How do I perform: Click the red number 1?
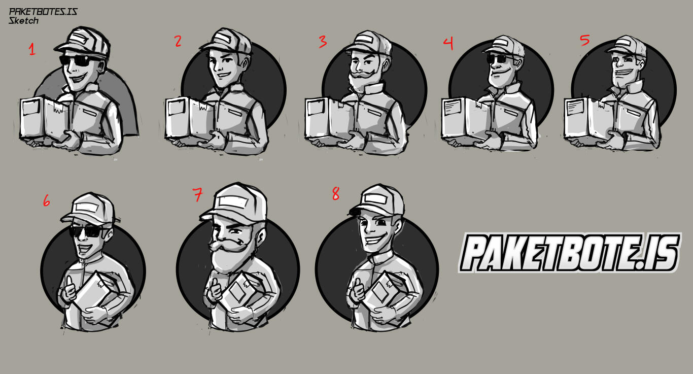coord(32,49)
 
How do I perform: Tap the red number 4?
coord(448,44)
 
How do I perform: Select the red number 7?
coord(198,194)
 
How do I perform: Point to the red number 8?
coord(336,194)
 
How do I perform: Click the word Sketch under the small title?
coord(23,21)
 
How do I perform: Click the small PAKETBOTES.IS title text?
coord(43,12)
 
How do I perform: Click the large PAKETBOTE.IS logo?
coord(569,253)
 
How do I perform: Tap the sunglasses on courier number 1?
coord(79,60)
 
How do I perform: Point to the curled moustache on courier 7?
coord(228,245)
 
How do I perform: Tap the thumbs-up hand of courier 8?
coord(359,290)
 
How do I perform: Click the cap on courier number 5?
coord(627,46)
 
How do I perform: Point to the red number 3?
coord(323,42)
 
